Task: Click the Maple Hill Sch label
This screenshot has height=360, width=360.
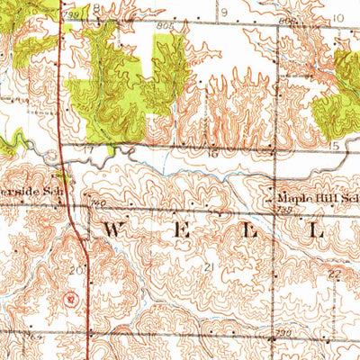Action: click(x=312, y=197)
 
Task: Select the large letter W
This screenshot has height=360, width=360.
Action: click(x=111, y=231)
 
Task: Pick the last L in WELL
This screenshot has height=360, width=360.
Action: click(x=316, y=231)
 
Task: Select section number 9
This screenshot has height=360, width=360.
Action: click(x=224, y=12)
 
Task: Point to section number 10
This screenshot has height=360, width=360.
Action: click(x=338, y=16)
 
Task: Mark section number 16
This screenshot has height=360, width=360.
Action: click(x=213, y=154)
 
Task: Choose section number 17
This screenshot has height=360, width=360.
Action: click(x=88, y=148)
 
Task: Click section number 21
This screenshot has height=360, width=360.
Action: click(x=209, y=267)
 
